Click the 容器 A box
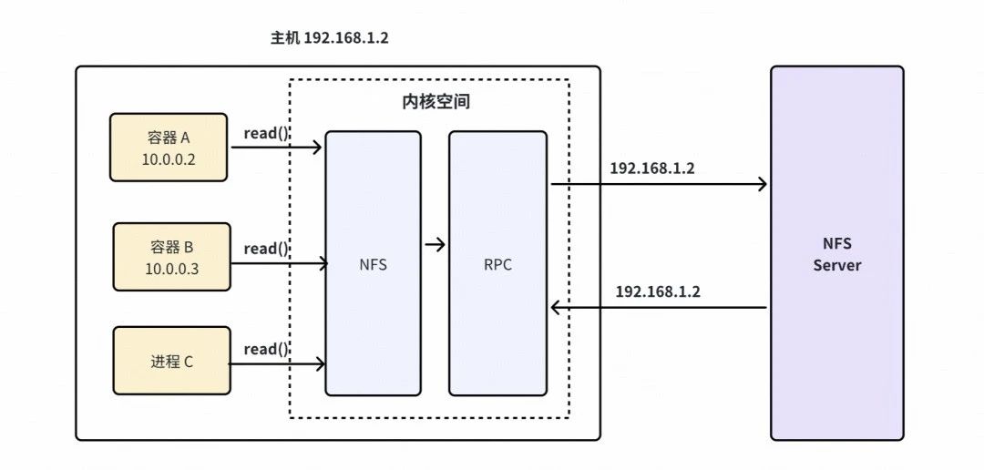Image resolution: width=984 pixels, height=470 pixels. click(169, 147)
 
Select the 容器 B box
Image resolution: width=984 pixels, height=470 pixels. click(171, 256)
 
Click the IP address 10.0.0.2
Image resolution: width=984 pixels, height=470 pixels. click(169, 158)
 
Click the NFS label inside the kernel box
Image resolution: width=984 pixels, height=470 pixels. click(374, 265)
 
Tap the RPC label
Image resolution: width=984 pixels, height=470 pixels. click(497, 265)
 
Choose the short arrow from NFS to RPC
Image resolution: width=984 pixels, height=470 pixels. click(436, 244)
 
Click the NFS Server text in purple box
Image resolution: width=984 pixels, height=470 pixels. click(836, 254)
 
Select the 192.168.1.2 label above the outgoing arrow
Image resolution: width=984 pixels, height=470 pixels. click(651, 169)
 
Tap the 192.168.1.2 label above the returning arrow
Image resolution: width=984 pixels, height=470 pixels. click(658, 291)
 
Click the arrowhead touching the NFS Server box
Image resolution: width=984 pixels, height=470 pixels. click(762, 185)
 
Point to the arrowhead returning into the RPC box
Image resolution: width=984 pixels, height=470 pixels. click(555, 308)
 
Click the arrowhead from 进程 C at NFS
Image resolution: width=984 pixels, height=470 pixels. click(320, 364)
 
